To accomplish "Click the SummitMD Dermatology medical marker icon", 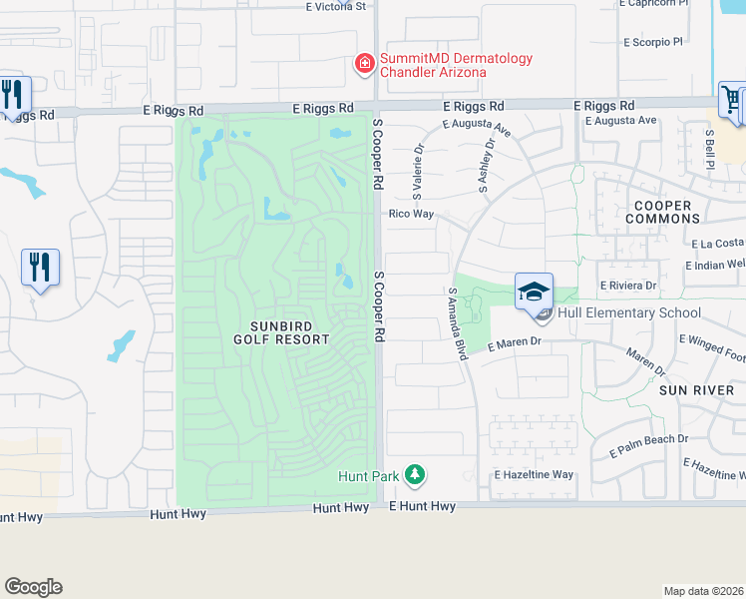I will point(365,65).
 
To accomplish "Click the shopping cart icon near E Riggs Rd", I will point(731,100).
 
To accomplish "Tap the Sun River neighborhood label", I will point(696,390).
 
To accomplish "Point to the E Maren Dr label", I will point(514,343).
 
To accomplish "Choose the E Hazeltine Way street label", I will point(535,475).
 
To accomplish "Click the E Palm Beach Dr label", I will point(649,439).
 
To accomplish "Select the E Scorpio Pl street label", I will point(652,43).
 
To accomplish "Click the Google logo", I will point(33,587).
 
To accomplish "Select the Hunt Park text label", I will point(368,476).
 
